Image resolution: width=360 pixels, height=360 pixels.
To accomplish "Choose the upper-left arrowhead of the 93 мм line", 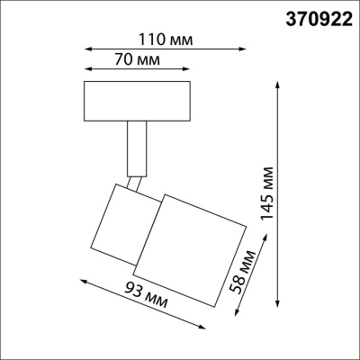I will point(83,279).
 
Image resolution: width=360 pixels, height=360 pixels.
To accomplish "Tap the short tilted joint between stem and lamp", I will point(135,184).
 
